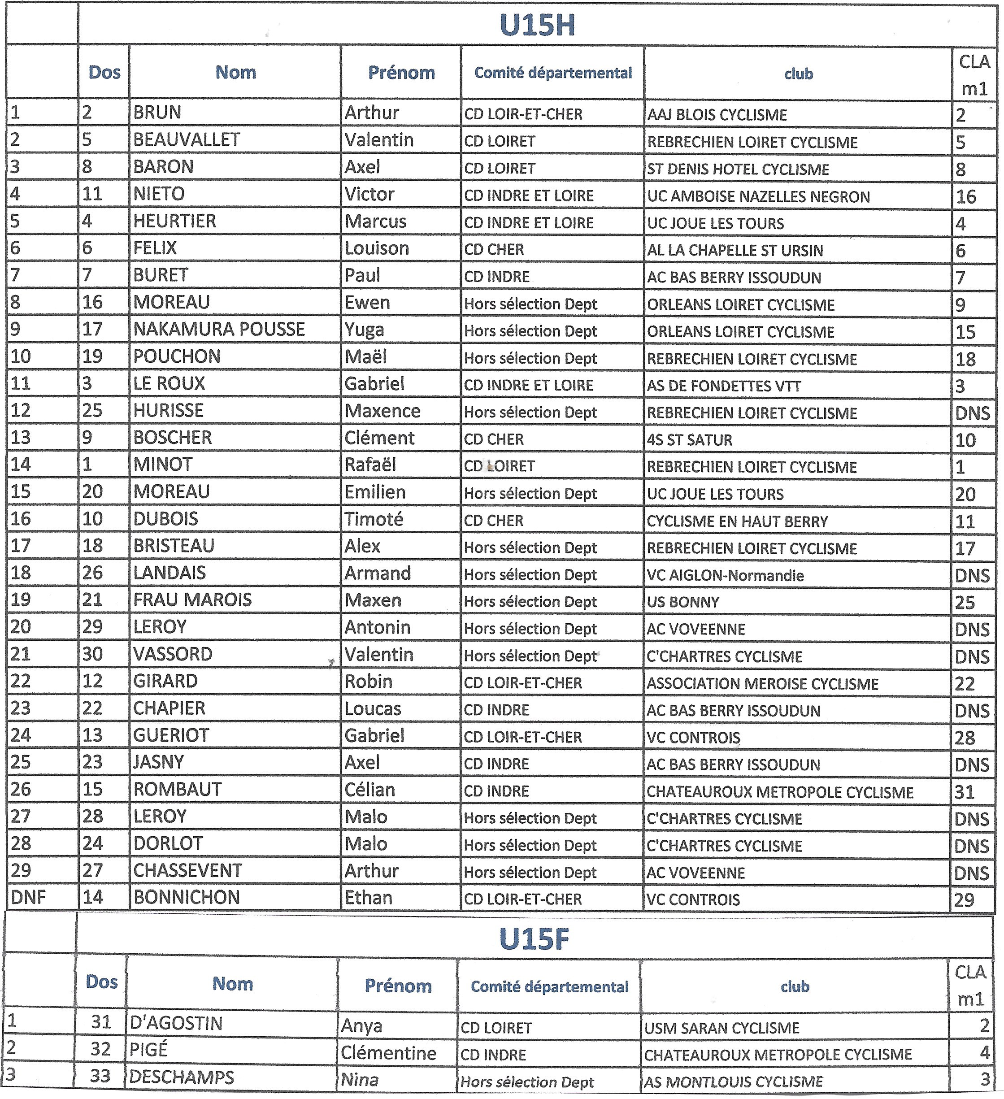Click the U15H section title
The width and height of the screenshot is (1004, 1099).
(x=537, y=25)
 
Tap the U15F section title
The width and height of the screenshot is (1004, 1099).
(x=534, y=939)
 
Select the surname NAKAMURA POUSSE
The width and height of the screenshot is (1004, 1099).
(x=219, y=329)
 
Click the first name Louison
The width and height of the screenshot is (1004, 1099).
(x=377, y=248)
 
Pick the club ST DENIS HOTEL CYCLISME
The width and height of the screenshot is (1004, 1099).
(x=738, y=169)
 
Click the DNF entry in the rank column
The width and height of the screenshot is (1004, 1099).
(x=28, y=897)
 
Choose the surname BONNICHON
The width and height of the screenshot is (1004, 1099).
(x=187, y=897)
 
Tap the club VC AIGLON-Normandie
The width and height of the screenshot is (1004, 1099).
(x=725, y=575)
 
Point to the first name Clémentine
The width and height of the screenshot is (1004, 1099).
(x=388, y=1053)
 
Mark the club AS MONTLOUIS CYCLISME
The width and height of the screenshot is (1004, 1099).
(x=733, y=1082)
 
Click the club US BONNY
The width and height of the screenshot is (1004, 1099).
(x=682, y=602)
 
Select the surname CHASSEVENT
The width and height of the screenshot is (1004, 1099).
(x=187, y=871)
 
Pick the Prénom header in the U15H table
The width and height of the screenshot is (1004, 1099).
(x=401, y=73)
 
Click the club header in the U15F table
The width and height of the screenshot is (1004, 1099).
(x=795, y=986)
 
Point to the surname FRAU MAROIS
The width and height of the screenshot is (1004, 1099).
(x=192, y=599)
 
